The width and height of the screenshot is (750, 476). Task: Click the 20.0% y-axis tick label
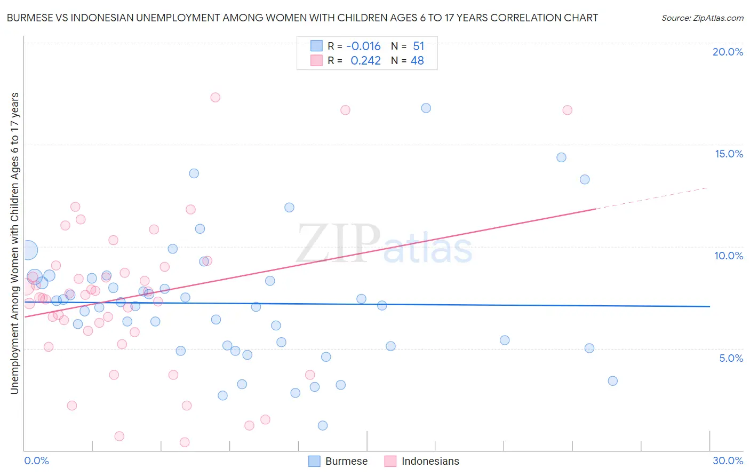[x=728, y=52]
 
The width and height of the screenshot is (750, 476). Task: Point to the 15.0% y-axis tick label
[x=729, y=154]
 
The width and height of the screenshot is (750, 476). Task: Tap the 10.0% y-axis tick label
[x=729, y=256]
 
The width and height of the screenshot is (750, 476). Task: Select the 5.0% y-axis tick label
[x=731, y=358]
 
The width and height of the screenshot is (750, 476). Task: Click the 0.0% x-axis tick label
[x=36, y=461]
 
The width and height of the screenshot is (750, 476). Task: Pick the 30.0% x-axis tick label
[x=728, y=461]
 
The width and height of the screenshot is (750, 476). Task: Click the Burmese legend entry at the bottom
[x=338, y=461]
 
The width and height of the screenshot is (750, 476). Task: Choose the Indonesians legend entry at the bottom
[x=421, y=461]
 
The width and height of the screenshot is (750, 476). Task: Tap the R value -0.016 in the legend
[x=363, y=46]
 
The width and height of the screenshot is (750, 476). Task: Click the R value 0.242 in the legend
[x=365, y=61]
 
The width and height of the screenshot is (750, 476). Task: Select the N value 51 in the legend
[x=418, y=46]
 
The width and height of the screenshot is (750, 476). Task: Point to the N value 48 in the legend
[x=417, y=61]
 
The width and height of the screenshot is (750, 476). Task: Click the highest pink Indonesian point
[x=215, y=97]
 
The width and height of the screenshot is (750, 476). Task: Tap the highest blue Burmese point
[x=426, y=108]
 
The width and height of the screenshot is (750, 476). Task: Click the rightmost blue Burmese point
[x=612, y=381]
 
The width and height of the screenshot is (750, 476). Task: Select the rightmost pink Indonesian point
[x=567, y=110]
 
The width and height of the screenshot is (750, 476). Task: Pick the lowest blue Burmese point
[x=322, y=425]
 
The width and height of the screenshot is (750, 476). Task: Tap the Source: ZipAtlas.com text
[x=702, y=18]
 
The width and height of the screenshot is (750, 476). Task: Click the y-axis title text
[x=14, y=243]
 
